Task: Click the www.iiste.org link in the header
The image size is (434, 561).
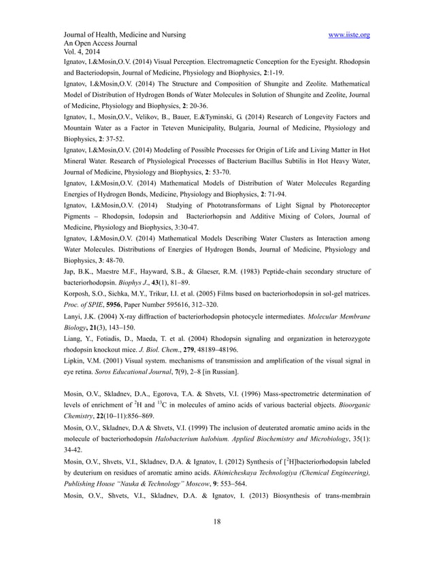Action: [x=348, y=35]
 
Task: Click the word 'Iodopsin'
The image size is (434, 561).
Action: [x=149, y=217]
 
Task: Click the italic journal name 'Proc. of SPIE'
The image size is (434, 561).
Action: [x=88, y=305]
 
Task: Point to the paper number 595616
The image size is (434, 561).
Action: [x=190, y=305]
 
